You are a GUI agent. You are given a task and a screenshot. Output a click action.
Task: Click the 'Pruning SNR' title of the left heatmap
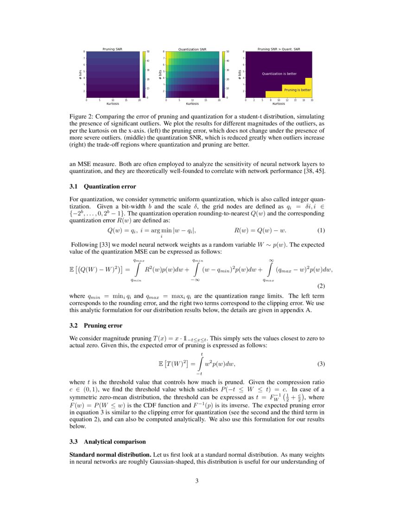113,49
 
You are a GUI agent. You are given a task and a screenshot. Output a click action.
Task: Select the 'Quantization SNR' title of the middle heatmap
192,49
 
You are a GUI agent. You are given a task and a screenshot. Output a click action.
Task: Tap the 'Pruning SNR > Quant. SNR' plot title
279,49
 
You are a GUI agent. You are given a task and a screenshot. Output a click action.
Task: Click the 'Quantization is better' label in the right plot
279,74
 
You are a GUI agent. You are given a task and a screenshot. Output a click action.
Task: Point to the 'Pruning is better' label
297,89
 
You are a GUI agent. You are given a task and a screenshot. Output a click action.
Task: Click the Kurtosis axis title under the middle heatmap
192,104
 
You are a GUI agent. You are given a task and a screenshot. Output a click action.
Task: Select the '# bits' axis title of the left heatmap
80,74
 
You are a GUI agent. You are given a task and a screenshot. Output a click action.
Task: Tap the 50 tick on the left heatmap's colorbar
148,51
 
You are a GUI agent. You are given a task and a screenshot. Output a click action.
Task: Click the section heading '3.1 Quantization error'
102,186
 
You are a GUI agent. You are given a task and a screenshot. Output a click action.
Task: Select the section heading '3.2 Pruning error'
95,325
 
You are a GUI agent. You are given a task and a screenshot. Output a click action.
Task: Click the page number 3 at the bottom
197,481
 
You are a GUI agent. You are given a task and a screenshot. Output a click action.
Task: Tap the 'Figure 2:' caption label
81,116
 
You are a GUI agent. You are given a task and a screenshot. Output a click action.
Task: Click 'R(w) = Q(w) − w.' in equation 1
261,230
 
